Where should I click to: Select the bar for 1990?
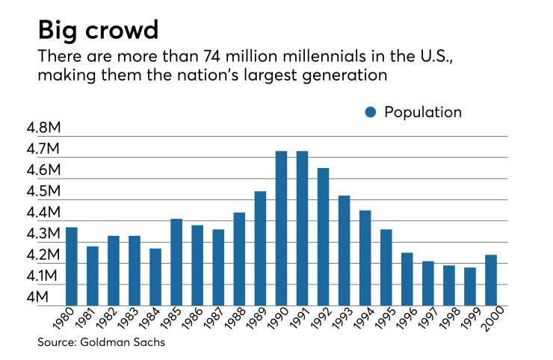pyautogui.click(x=281, y=228)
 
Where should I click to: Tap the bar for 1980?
pyautogui.click(x=72, y=266)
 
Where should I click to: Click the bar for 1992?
pyautogui.click(x=323, y=237)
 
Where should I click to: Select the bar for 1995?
pyautogui.click(x=386, y=267)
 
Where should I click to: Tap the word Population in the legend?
pyautogui.click(x=423, y=113)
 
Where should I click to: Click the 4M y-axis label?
pyautogui.click(x=46, y=297)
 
